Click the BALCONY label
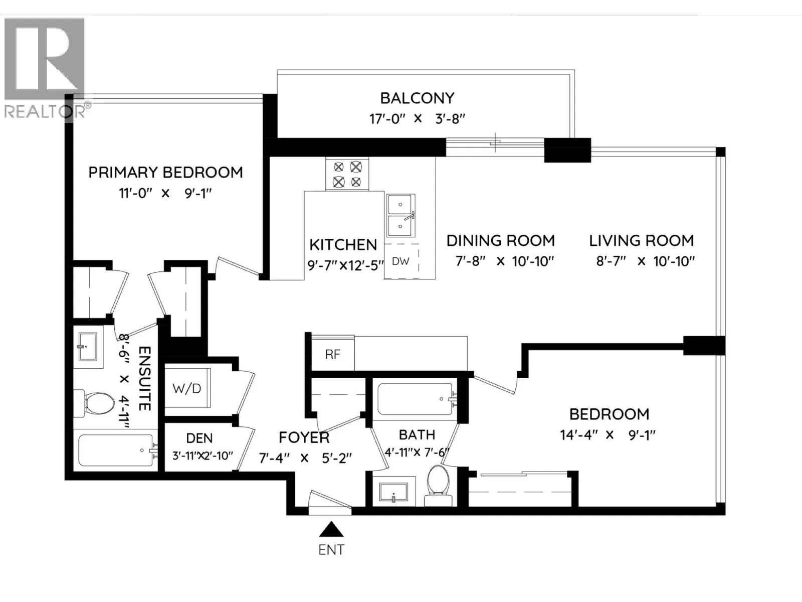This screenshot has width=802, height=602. tap(417, 98)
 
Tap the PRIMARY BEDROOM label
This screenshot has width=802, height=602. tap(165, 173)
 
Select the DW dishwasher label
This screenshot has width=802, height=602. tap(400, 261)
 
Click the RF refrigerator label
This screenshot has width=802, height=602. tap(332, 354)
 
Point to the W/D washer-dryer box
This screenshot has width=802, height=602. tap(187, 388)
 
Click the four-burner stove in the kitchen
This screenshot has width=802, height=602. tap(347, 174)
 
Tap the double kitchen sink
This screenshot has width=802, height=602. tap(401, 215)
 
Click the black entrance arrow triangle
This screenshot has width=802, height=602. tap(331, 530)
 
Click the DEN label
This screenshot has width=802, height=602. tap(199, 438)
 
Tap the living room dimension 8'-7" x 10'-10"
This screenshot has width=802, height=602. tap(645, 261)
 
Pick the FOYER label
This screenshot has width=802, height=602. tap(304, 437)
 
